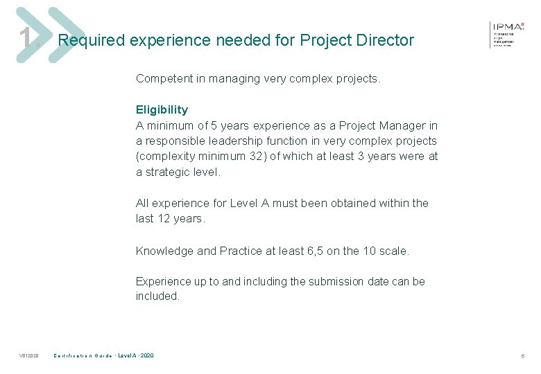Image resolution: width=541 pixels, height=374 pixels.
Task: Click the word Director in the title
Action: click(386, 40)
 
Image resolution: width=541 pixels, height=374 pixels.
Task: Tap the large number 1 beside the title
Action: click(26, 39)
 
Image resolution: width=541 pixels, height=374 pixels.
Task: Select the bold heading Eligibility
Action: click(162, 109)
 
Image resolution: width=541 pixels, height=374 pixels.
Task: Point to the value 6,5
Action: click(315, 251)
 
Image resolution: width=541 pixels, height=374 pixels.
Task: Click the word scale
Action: click(393, 251)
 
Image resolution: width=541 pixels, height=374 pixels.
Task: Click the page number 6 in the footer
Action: click(523, 356)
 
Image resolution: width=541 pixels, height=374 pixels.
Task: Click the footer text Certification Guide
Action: click(83, 356)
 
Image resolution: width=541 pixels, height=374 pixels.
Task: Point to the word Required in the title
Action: click(90, 40)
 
